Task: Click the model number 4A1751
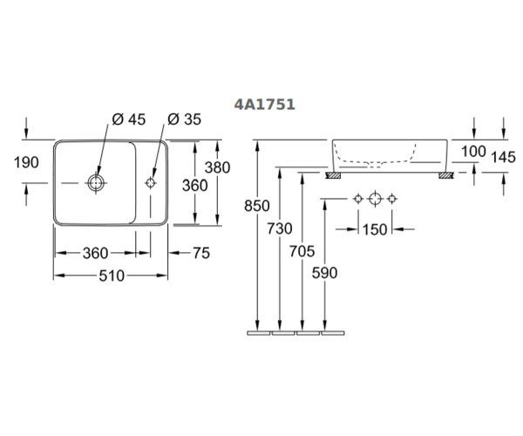pos(264,105)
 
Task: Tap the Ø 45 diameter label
pos(129,119)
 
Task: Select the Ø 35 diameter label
pos(185,119)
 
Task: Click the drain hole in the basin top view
pos(96,183)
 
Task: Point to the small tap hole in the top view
pos(151,182)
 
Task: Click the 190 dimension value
pos(26,162)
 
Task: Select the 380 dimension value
pos(217,167)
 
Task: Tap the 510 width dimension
pos(112,276)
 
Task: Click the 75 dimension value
pos(201,253)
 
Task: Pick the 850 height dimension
pos(257,206)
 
